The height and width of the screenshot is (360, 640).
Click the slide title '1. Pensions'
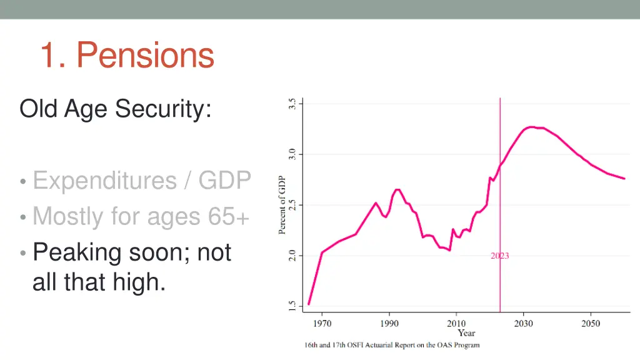pyautogui.click(x=127, y=55)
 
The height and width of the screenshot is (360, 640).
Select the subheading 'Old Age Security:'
pyautogui.click(x=115, y=109)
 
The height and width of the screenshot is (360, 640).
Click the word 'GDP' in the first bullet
pyautogui.click(x=224, y=181)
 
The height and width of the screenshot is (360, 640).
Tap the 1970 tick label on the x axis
pyautogui.click(x=322, y=324)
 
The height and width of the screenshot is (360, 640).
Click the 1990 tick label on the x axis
pyautogui.click(x=389, y=324)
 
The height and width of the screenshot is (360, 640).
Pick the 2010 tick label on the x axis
pyautogui.click(x=456, y=324)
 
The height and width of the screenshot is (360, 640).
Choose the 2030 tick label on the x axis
pyautogui.click(x=524, y=324)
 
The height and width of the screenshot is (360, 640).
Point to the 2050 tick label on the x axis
pyautogui.click(x=591, y=324)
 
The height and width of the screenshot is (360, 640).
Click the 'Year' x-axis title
pyautogui.click(x=466, y=333)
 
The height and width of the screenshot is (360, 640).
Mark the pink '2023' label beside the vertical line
pyautogui.click(x=499, y=256)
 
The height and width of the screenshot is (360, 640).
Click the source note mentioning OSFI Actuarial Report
pyautogui.click(x=392, y=346)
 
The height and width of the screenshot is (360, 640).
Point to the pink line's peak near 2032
pyautogui.click(x=531, y=127)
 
